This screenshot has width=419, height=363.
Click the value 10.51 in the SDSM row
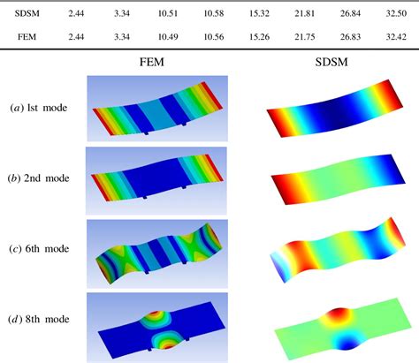[x=168, y=13]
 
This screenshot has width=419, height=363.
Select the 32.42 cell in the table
[x=396, y=37]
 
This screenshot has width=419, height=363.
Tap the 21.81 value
[x=305, y=13]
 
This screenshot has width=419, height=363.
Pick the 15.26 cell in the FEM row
[x=259, y=37]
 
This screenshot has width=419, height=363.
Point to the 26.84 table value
[x=350, y=13]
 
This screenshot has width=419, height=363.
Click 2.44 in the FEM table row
[x=76, y=37]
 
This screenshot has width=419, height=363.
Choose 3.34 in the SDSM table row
[x=122, y=13]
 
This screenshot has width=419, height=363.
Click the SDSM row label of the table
[x=27, y=13]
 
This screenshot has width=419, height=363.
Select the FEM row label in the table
[x=27, y=37]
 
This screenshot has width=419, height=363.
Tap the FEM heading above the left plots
[x=152, y=62]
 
